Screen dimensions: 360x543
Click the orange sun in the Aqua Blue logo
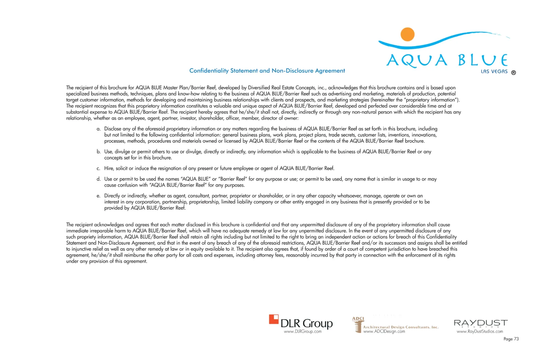[x=407, y=34]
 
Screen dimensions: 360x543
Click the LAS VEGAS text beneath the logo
[x=494, y=72]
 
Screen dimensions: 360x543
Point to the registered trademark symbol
[x=513, y=73]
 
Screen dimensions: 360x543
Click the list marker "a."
[x=98, y=129]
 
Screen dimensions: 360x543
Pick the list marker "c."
[x=98, y=169]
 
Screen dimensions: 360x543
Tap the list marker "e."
[x=98, y=196]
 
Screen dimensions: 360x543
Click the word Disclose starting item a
[x=113, y=129]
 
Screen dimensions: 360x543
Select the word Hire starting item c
[x=109, y=169]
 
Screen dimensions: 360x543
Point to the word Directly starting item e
[x=112, y=196]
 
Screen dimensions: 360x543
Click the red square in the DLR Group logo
[x=274, y=319]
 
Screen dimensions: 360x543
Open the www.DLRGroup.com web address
[x=303, y=331]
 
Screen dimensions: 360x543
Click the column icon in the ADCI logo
[x=358, y=326]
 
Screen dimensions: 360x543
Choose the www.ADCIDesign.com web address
[x=384, y=331]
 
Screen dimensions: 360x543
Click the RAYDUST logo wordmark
[x=480, y=323]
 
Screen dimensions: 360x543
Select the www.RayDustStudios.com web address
[x=480, y=331]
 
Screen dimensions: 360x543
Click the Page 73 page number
[x=511, y=339]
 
